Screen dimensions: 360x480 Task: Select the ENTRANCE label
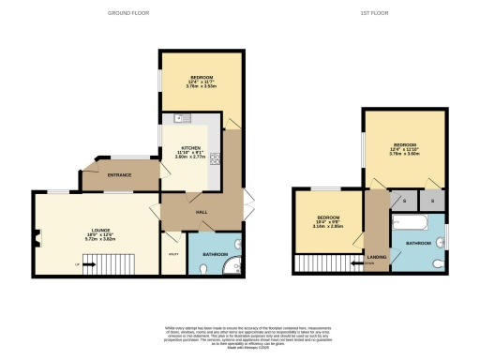point(119,175)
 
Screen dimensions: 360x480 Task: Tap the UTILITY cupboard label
point(173,254)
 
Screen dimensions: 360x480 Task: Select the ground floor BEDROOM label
point(202,76)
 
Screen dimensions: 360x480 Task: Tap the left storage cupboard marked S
point(403,202)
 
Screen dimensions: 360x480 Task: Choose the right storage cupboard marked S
point(433,202)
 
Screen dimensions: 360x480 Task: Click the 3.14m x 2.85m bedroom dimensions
point(328,227)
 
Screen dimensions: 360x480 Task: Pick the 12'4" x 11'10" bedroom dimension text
point(402,149)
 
